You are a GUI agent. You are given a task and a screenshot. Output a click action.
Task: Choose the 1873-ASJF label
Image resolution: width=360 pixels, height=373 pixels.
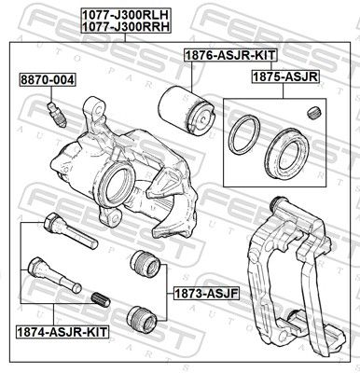(194, 293)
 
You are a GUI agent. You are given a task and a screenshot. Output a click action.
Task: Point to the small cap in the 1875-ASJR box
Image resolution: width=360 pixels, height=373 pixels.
(313, 114)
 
